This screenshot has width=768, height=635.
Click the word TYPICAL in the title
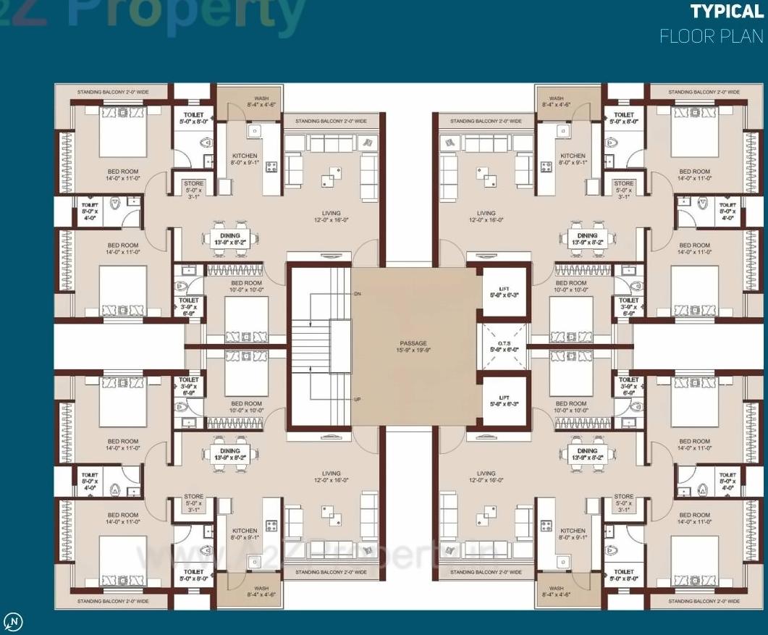[x=726, y=12]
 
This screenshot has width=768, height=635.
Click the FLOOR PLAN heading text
[x=711, y=36]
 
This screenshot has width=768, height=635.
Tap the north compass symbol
[x=13, y=621]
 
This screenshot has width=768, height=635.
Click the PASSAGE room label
[x=413, y=343]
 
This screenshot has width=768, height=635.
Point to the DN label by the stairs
[x=357, y=294]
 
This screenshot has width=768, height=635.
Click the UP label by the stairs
[x=357, y=400]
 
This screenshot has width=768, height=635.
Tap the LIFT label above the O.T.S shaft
[x=505, y=289]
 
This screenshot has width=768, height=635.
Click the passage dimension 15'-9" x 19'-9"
[x=413, y=350]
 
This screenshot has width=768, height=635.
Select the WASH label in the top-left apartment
[x=261, y=98]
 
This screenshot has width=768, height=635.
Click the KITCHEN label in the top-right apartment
[x=573, y=156]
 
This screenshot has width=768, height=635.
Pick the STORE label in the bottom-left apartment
[x=193, y=497]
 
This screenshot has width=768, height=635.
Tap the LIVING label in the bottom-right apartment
[x=486, y=474]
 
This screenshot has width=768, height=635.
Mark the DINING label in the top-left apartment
[x=231, y=236]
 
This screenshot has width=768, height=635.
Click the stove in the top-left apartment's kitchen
[x=271, y=167]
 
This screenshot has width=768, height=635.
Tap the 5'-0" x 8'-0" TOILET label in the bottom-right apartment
[x=623, y=575]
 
